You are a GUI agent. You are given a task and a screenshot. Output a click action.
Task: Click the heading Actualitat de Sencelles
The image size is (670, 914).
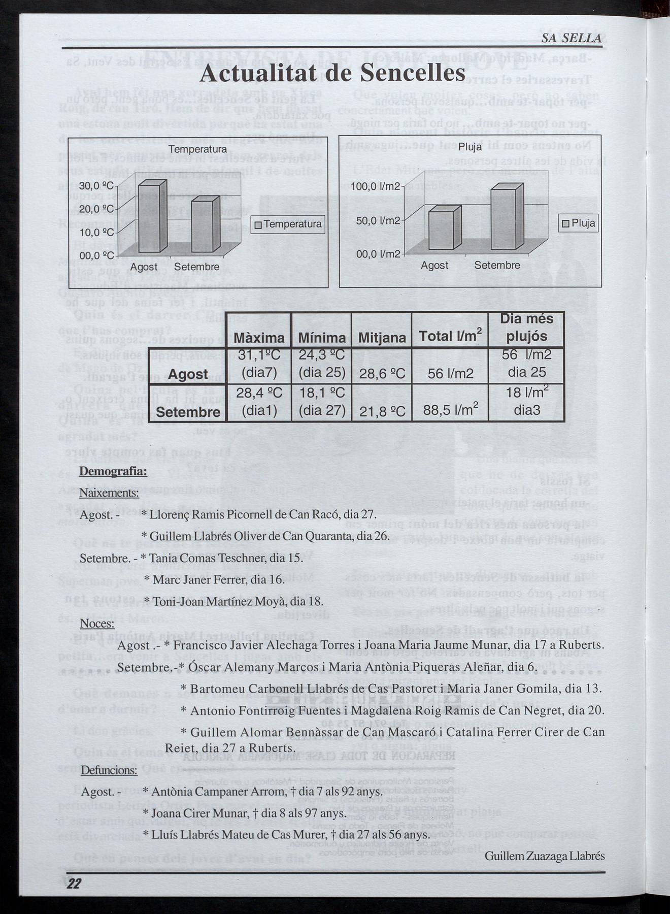[332, 73]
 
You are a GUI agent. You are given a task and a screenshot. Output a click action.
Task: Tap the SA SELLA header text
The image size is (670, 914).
[571, 38]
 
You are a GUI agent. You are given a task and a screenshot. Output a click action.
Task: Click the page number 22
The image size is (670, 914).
[74, 884]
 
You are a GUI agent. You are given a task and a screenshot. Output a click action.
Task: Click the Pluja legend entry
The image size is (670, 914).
[579, 223]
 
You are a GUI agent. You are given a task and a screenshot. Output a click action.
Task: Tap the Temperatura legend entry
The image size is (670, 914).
[288, 224]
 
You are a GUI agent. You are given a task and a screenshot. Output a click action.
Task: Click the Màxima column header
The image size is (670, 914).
[259, 338]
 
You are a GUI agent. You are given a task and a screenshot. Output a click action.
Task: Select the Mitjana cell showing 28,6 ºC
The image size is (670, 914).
[382, 374]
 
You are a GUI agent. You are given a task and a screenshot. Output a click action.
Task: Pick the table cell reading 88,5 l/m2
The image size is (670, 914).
[449, 410]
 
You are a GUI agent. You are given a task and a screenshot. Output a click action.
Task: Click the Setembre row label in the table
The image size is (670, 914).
[188, 412]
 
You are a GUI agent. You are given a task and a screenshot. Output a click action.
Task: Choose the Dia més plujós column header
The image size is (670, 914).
[526, 328]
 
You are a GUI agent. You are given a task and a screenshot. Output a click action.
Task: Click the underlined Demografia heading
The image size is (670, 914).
[113, 471]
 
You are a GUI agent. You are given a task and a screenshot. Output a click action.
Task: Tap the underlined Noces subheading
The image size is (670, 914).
[97, 624]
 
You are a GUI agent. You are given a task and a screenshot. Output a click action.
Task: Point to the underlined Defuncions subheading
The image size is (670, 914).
[109, 770]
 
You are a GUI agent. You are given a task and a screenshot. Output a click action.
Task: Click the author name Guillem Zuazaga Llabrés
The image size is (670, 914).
[544, 856]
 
